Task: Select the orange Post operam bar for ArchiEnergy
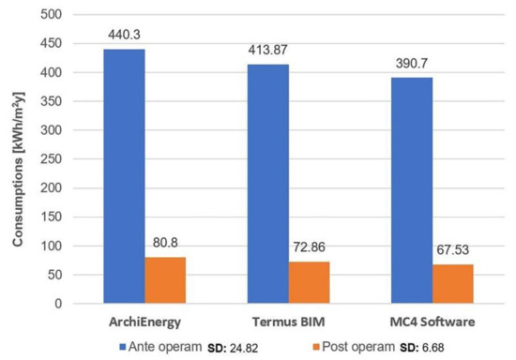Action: point(164,280)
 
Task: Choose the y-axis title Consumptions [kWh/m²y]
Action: point(18,159)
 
